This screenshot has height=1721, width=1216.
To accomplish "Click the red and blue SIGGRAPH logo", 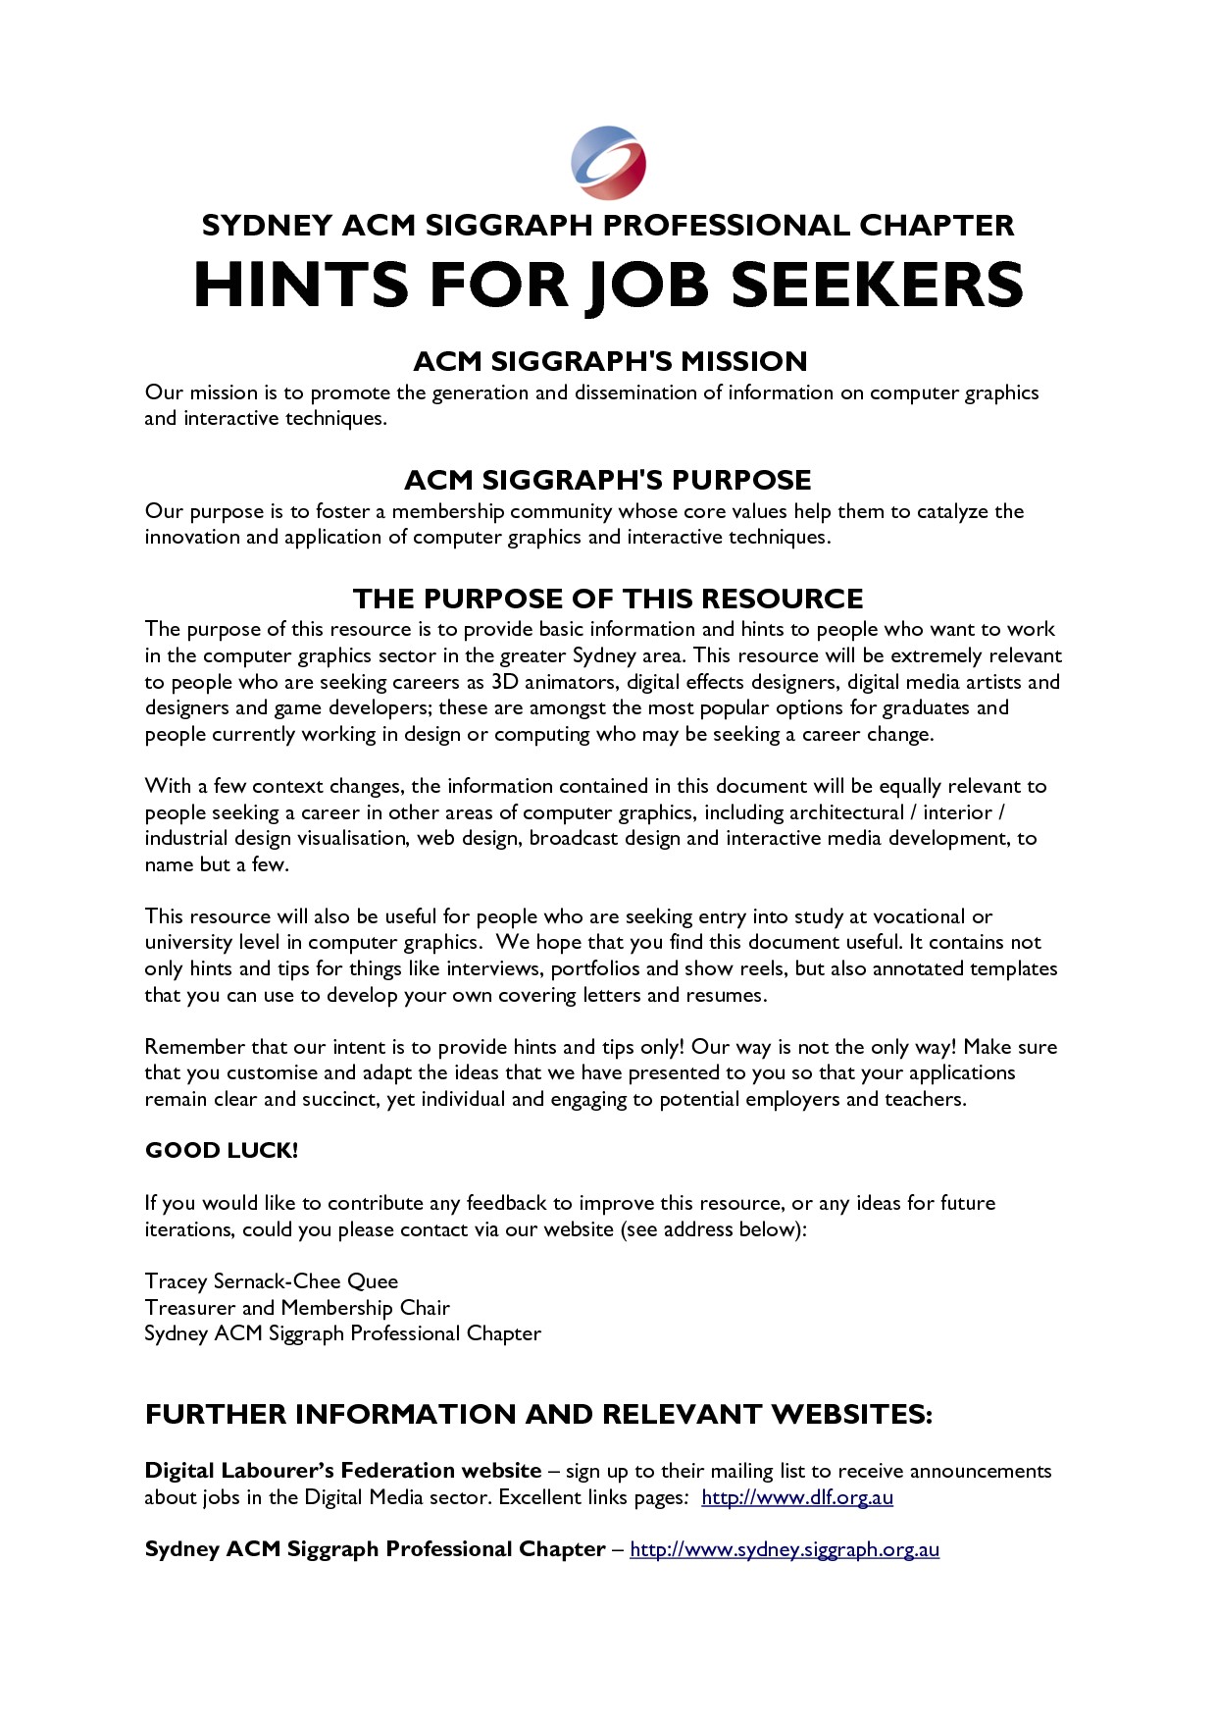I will point(608,162).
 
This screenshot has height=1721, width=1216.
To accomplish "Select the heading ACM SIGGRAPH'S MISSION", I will point(610,361).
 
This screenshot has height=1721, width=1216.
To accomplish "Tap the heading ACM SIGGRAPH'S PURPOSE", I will point(608,480).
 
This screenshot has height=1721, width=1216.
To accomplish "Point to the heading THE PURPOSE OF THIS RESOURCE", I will point(608,599).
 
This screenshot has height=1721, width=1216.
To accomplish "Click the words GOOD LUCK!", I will point(222,1151).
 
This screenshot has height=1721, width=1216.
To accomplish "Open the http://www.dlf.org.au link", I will point(797,1497).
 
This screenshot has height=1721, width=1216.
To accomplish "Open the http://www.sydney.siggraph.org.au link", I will point(785,1549).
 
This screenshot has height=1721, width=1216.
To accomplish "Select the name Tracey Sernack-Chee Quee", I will point(272,1281).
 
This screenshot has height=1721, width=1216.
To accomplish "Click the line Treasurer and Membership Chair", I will point(297,1308).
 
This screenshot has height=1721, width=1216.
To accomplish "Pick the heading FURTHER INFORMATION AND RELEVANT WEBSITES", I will point(538,1414).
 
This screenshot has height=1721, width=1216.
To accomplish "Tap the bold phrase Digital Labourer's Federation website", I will point(343,1471).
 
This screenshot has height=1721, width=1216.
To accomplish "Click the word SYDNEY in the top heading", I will point(267,226).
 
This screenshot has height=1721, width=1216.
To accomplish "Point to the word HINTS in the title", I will point(300,285).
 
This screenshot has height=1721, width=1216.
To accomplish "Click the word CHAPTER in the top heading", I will point(937,226).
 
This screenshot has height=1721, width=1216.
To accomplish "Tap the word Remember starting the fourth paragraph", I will point(194,1047).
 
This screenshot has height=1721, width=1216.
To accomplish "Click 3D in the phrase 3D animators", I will point(504,682).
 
